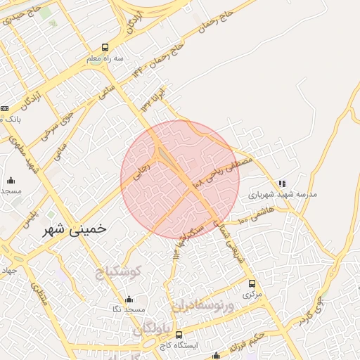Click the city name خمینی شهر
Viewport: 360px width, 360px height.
78,229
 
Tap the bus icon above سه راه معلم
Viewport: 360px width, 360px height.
105,48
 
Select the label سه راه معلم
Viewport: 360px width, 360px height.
105,58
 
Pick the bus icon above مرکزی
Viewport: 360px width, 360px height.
252,283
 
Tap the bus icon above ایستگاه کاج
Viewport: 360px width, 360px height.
179,335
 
